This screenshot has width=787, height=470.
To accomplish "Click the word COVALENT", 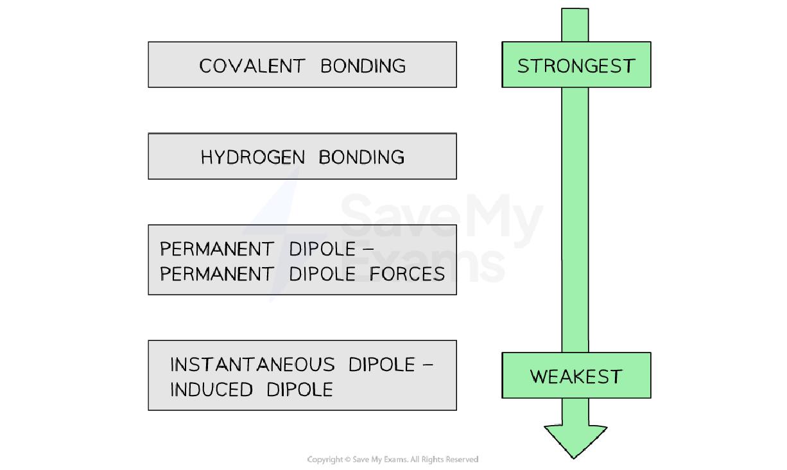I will coord(252,65).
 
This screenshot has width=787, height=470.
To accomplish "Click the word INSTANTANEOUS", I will coord(252,365).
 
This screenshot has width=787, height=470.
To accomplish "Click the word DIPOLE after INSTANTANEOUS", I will coord(381,365).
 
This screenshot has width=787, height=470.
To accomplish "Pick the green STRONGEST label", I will coord(576,65).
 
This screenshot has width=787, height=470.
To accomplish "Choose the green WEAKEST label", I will coord(576,376).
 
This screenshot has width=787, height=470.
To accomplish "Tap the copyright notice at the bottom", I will coord(393,459).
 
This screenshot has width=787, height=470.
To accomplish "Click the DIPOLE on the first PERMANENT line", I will coord(322,248).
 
